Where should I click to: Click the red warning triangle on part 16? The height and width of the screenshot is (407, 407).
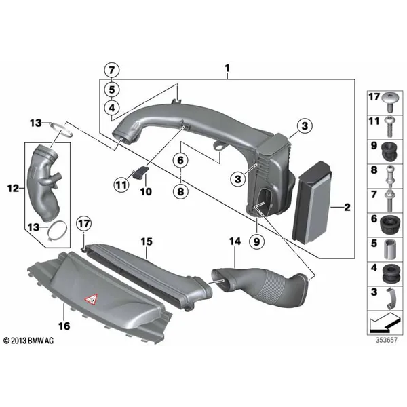coord(91,300)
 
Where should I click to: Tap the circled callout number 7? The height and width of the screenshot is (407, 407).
coord(112,71)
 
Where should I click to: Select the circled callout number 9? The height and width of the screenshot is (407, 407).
coord(256,241)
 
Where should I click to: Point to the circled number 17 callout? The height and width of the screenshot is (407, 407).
coord(84,223)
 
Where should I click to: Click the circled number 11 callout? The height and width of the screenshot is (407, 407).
coord(121,185)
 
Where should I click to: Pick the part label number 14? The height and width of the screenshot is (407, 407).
coord(235,241)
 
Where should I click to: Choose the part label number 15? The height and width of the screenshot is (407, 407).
coord(147,241)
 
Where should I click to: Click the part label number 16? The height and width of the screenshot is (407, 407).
coord(64,326)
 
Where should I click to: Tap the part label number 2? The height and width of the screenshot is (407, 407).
coord(347,207)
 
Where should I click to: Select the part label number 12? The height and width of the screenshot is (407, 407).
coord(14,188)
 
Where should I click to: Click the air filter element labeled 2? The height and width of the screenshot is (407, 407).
coord(311,202)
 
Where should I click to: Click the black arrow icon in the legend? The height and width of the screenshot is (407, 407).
coord(385,323)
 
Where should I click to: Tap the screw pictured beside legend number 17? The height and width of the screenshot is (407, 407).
coord(389,102)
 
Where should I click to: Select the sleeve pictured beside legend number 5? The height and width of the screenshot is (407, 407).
coord(389,250)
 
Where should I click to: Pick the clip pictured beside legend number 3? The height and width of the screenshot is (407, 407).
coord(391,298)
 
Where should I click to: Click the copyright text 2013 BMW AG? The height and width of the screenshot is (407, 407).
coord(28,341)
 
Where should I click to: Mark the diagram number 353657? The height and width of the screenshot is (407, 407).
coord(387,340)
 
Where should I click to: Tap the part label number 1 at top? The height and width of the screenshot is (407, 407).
coord(227,69)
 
